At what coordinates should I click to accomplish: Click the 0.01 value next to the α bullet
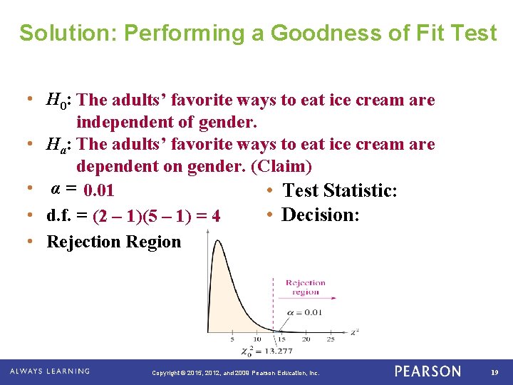click(x=99, y=191)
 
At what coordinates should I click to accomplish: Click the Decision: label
click(x=321, y=215)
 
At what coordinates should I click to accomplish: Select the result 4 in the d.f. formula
click(x=215, y=215)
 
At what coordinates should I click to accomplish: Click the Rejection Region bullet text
click(x=114, y=242)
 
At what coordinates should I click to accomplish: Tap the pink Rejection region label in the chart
click(x=305, y=287)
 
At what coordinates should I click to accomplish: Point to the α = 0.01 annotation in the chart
click(x=305, y=312)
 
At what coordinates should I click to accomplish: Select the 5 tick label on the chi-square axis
click(x=232, y=339)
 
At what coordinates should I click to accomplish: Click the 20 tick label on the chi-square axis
click(x=306, y=339)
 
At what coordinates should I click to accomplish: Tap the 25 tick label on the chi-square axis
click(x=331, y=339)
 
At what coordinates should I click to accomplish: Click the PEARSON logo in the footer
click(x=427, y=371)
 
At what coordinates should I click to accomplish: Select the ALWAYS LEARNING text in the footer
click(x=50, y=371)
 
